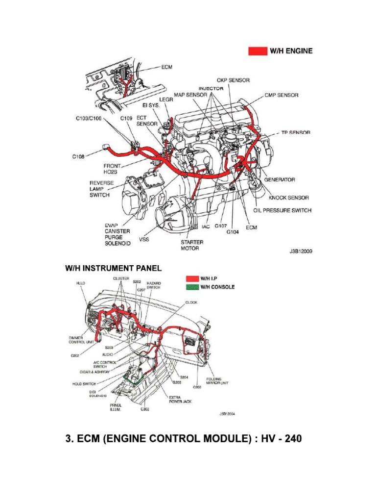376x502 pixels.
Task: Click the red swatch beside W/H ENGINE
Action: [257, 50]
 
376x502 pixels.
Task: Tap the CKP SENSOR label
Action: [233, 80]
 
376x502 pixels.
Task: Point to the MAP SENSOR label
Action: [190, 95]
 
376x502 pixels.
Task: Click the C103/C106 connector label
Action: [89, 119]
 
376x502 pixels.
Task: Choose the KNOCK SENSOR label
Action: [289, 198]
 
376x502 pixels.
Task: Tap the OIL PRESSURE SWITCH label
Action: [282, 210]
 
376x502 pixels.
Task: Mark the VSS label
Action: [144, 239]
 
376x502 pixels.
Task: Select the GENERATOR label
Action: [280, 180]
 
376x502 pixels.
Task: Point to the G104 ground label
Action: [232, 233]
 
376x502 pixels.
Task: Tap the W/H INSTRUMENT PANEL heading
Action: [114, 268]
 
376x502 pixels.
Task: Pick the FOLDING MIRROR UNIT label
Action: [217, 381]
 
